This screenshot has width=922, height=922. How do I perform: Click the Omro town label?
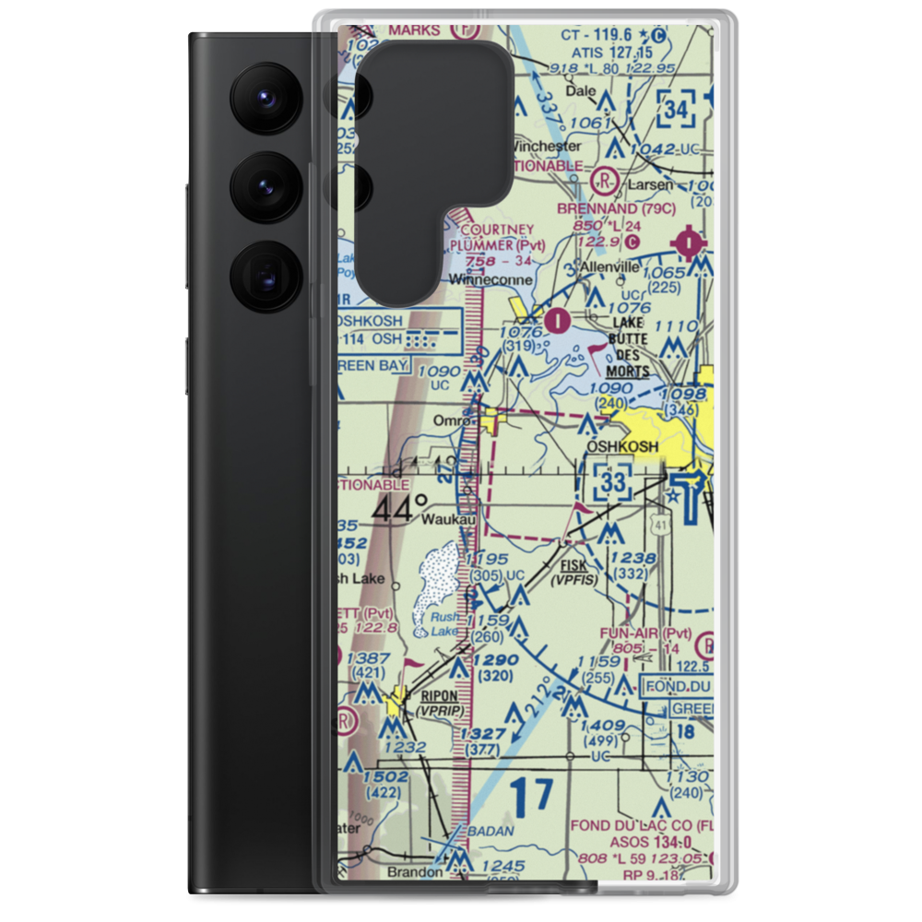click(x=451, y=420)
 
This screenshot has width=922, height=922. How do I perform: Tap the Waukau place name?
click(x=448, y=520)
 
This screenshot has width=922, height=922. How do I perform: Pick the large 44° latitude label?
click(x=400, y=508)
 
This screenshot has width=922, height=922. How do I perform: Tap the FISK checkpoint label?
click(x=573, y=565)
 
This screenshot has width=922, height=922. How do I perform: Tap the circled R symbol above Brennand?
click(x=606, y=178)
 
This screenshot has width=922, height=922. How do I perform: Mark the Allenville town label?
click(x=609, y=267)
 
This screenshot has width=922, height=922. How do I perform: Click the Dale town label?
click(x=580, y=91)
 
